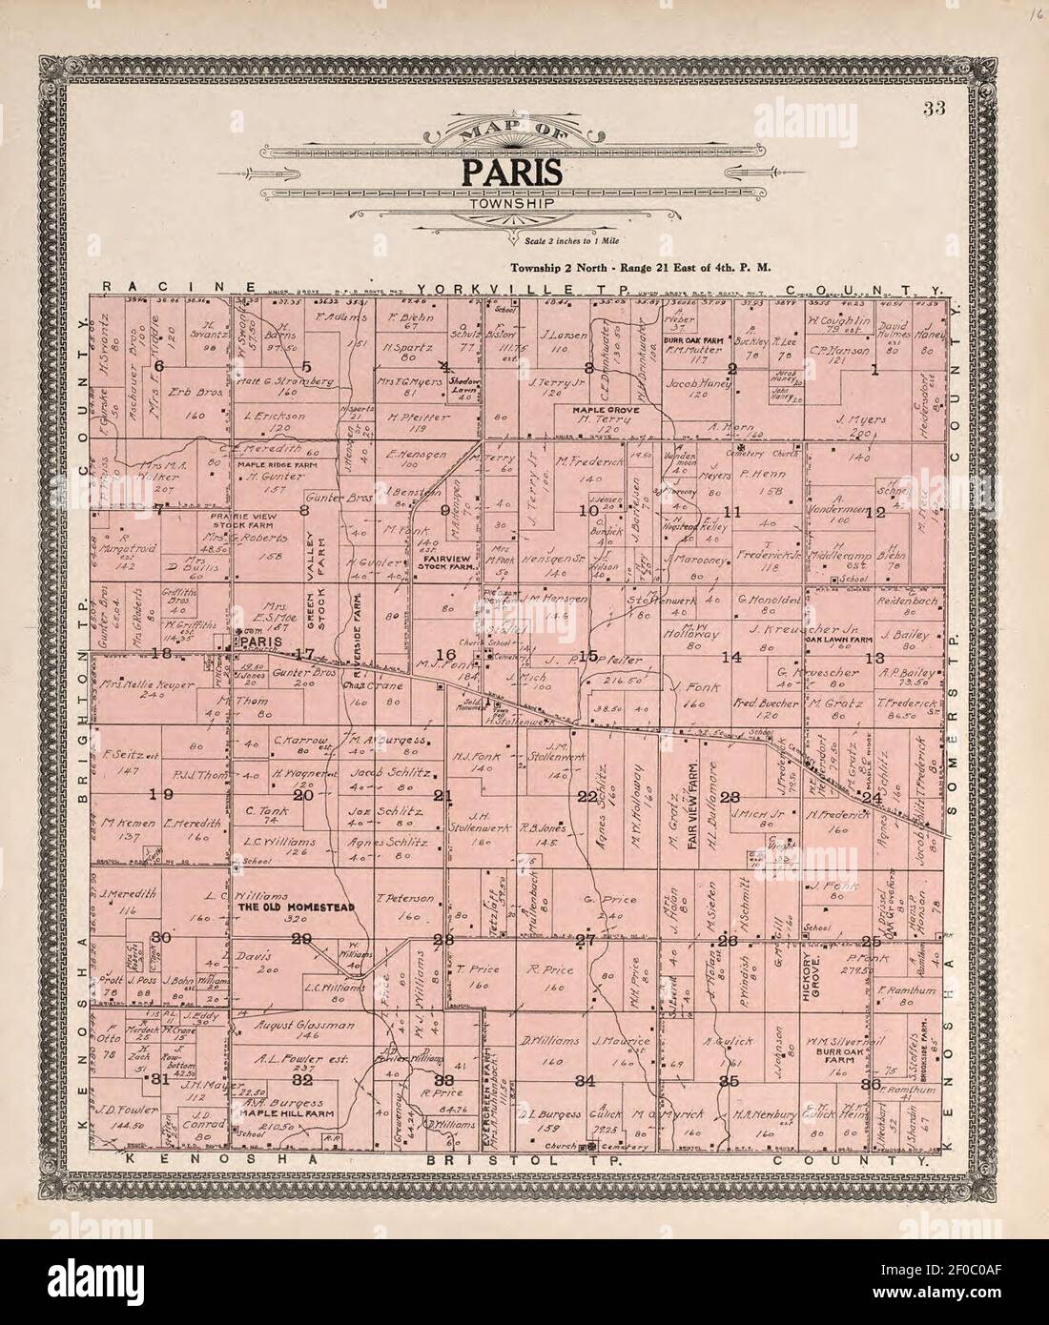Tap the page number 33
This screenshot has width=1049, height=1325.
pos(933,108)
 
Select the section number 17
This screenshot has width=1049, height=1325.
pos(304,654)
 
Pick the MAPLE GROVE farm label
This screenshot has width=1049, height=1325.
pos(605,410)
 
